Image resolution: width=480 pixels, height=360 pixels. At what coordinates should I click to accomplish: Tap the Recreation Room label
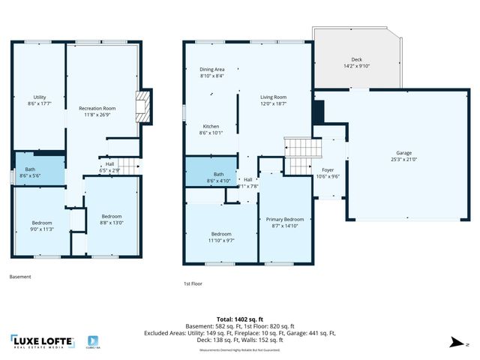click(99, 111)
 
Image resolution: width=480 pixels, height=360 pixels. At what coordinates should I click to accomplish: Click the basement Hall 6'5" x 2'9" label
click(109, 167)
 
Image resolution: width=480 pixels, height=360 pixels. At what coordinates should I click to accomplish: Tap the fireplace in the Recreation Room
click(141, 106)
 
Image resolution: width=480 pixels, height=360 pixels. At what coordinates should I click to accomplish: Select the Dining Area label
click(212, 73)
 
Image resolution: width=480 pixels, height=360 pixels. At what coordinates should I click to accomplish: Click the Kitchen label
click(211, 129)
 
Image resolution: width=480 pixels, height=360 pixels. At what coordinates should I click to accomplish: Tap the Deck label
click(357, 63)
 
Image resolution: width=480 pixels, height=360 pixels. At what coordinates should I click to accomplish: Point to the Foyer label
click(327, 173)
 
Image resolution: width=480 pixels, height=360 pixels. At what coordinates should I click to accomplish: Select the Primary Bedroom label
click(284, 223)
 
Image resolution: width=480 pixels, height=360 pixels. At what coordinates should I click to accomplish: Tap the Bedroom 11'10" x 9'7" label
click(221, 237)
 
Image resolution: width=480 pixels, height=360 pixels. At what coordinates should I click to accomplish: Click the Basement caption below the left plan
click(20, 277)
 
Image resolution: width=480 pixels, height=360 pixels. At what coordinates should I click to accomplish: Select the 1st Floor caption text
click(193, 283)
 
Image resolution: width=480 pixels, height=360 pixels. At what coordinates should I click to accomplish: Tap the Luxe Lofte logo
click(42, 342)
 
